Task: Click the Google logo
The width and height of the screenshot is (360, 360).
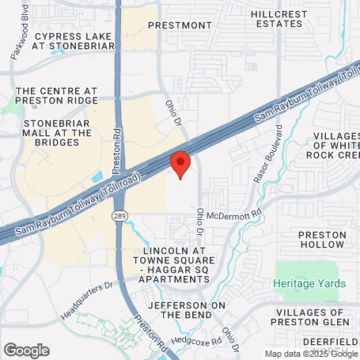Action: point(26,350)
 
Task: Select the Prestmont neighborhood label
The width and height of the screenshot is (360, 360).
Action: point(180,25)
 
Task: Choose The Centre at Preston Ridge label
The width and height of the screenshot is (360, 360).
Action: point(60,97)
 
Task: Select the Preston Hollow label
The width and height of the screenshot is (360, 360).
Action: point(322,240)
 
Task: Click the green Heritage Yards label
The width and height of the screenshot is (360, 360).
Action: point(314,283)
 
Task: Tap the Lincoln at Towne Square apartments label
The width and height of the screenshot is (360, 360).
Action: point(177,265)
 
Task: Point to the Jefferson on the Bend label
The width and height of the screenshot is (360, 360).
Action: point(188,309)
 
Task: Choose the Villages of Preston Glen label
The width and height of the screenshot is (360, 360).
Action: point(314,315)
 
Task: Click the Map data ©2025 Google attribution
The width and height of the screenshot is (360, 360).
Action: point(311,354)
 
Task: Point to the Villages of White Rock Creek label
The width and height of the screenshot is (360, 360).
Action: point(325,146)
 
